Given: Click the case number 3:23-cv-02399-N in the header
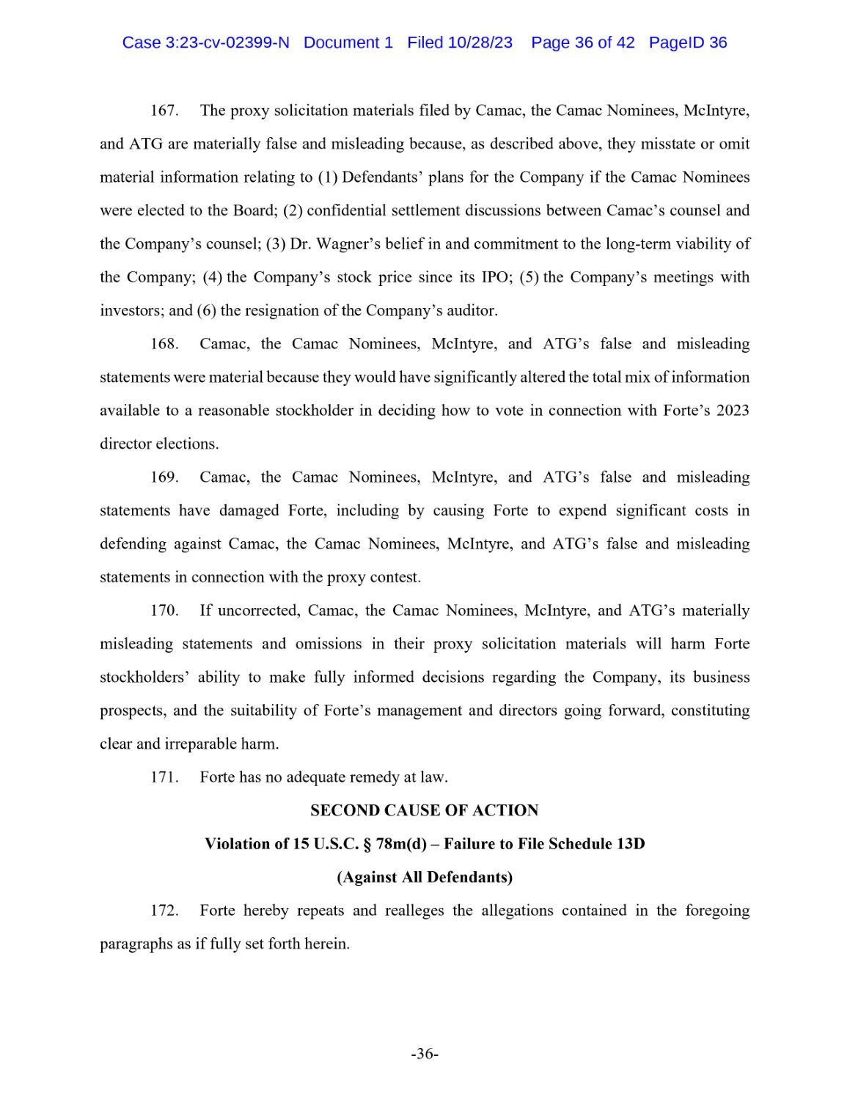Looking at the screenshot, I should [x=227, y=43].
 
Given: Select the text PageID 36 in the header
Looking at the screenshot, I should [x=687, y=43].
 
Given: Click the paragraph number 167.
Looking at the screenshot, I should [x=164, y=111].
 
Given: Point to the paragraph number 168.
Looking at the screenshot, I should [x=164, y=344].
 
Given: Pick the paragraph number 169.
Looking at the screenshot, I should [x=164, y=477].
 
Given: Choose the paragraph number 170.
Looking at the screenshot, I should [x=164, y=611].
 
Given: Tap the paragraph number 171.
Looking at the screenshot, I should [x=164, y=777].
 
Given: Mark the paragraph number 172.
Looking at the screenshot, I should [x=164, y=911].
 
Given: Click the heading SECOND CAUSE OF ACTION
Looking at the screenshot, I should [x=424, y=810].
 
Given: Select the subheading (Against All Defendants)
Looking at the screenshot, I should [x=424, y=877].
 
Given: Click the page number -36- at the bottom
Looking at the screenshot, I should [x=424, y=1055].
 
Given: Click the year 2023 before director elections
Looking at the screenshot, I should [x=732, y=411].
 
